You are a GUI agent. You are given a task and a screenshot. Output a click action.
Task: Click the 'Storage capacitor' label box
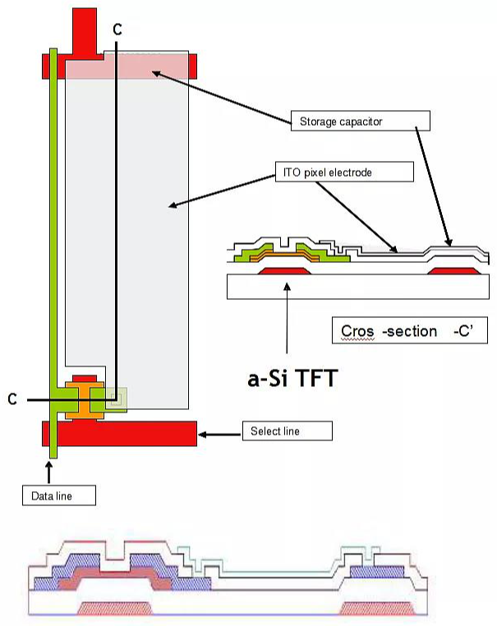click(360, 122)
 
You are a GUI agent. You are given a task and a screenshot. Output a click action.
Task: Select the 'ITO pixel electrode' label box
click(342, 172)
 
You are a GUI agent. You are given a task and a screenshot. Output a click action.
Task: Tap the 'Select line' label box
click(288, 431)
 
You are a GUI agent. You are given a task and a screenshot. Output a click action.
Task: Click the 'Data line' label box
click(58, 495)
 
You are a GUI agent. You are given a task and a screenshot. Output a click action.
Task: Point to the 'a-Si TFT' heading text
click(292, 380)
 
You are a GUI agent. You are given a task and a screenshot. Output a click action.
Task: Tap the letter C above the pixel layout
click(118, 29)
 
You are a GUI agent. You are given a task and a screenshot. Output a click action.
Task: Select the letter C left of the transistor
click(12, 399)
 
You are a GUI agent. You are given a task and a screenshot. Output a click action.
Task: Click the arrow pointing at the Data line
click(49, 472)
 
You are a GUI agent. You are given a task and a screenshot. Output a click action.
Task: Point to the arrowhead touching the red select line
click(204, 432)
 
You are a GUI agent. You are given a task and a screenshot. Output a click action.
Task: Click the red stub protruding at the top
click(85, 29)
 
